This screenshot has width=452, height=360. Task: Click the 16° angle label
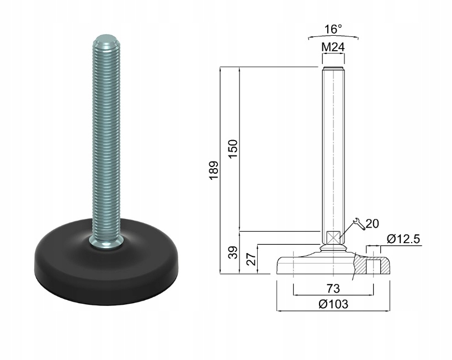click(333, 29)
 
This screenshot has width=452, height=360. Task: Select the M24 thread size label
click(333, 47)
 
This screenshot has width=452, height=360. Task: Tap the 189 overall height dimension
click(214, 170)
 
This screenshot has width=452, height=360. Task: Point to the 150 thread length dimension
click(233, 148)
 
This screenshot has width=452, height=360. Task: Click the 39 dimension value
click(234, 252)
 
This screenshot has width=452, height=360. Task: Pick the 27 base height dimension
click(251, 259)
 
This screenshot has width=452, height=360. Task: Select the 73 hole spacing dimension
click(333, 288)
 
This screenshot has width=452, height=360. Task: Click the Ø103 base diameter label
click(333, 304)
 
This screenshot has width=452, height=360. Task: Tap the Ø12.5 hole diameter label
click(403, 239)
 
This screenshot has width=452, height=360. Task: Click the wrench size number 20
click(372, 223)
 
